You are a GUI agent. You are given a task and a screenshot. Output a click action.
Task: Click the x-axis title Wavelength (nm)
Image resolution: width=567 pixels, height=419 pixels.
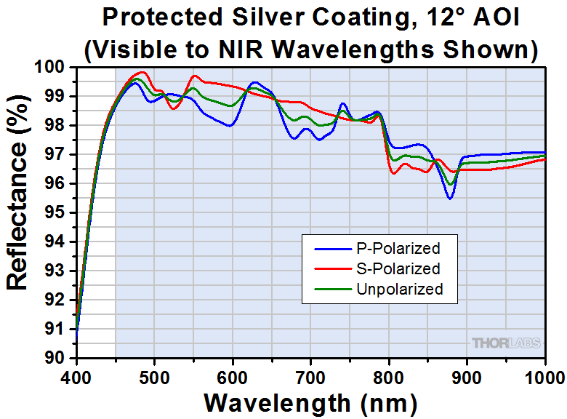point(310,402)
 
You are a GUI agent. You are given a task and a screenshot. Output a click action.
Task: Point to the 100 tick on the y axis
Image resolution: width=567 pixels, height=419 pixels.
point(55,67)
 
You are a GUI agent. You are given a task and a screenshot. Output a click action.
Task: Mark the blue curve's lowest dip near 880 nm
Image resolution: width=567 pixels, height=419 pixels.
point(450,198)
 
